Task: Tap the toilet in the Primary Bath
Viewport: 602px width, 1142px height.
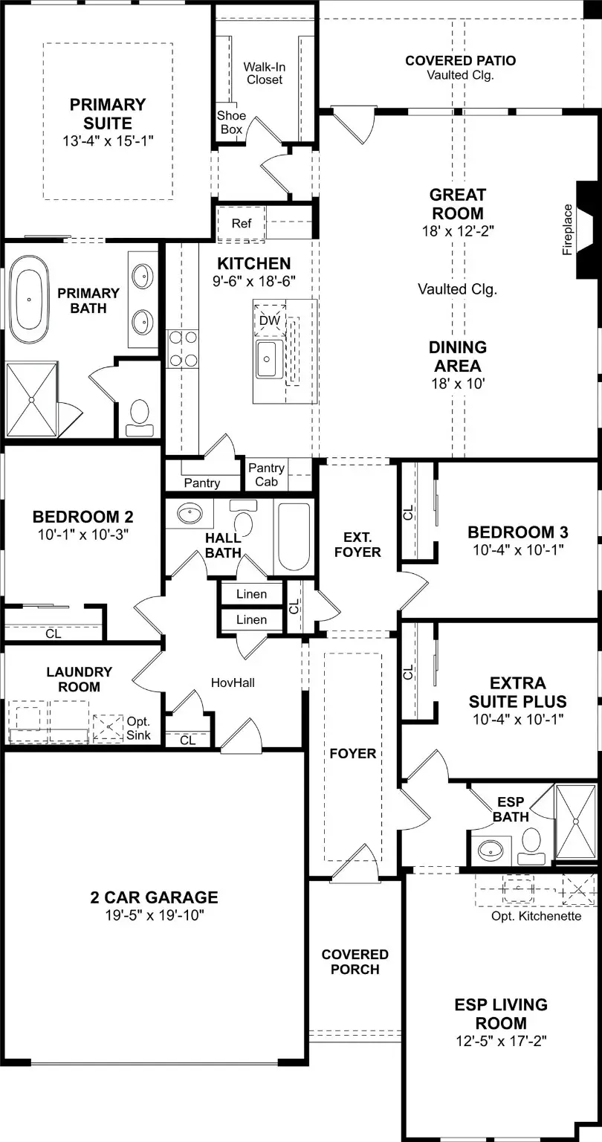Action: pyautogui.click(x=140, y=417)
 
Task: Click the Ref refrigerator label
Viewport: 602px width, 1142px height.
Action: pyautogui.click(x=242, y=223)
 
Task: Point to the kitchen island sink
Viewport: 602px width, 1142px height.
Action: pyautogui.click(x=268, y=361)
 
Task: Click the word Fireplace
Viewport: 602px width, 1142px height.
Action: pyautogui.click(x=568, y=230)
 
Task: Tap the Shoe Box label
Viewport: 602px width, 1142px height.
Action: pyautogui.click(x=230, y=122)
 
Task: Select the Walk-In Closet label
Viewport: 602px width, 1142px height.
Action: pyautogui.click(x=264, y=73)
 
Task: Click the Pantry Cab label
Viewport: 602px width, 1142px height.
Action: pyautogui.click(x=266, y=474)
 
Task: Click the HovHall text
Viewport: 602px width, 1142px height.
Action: pyautogui.click(x=233, y=682)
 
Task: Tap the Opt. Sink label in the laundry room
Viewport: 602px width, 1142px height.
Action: pyautogui.click(x=138, y=728)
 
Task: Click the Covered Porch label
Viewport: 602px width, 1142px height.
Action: pyautogui.click(x=355, y=961)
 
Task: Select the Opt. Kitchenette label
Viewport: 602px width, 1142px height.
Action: pyautogui.click(x=536, y=916)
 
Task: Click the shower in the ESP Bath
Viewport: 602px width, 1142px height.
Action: pyautogui.click(x=577, y=821)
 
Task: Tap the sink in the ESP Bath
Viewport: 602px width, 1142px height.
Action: pyautogui.click(x=489, y=847)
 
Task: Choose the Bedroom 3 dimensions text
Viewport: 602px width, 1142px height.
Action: pyautogui.click(x=517, y=549)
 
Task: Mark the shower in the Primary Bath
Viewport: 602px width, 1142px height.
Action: pyautogui.click(x=32, y=400)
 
